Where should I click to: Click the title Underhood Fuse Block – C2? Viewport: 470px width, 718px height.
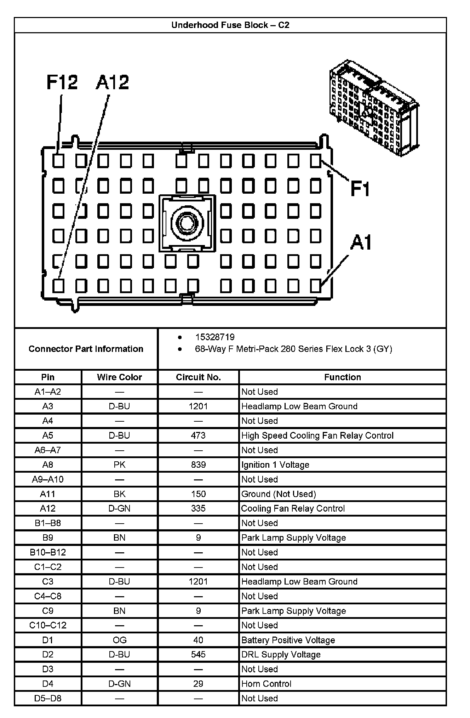230,25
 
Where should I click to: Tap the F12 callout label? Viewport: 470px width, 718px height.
62,82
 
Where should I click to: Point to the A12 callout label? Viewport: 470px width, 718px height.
112,82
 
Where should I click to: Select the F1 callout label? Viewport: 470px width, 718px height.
360,188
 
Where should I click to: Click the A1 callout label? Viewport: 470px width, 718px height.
361,243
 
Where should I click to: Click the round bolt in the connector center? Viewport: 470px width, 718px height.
187,222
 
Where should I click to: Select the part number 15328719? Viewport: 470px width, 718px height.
215,337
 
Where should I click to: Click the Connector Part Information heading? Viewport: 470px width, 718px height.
86,349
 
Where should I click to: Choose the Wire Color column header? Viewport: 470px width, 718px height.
119,377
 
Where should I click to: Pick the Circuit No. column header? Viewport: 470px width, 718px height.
198,377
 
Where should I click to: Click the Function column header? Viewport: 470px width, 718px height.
342,377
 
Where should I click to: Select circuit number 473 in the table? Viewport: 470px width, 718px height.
198,435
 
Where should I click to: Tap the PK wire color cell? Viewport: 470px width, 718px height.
119,465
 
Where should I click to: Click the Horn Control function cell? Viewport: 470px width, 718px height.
266,684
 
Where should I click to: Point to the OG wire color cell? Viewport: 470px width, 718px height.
119,640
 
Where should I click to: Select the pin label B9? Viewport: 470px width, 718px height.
48,537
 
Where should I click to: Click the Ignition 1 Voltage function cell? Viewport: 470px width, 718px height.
275,465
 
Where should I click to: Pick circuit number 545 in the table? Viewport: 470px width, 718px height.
198,654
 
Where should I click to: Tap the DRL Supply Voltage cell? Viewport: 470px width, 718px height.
281,654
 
